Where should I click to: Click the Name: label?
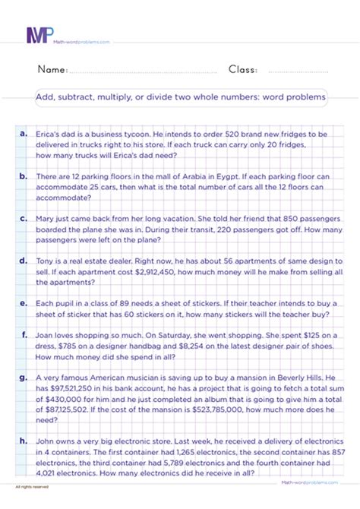tap(52, 69)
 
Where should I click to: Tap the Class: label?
tap(242, 69)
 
